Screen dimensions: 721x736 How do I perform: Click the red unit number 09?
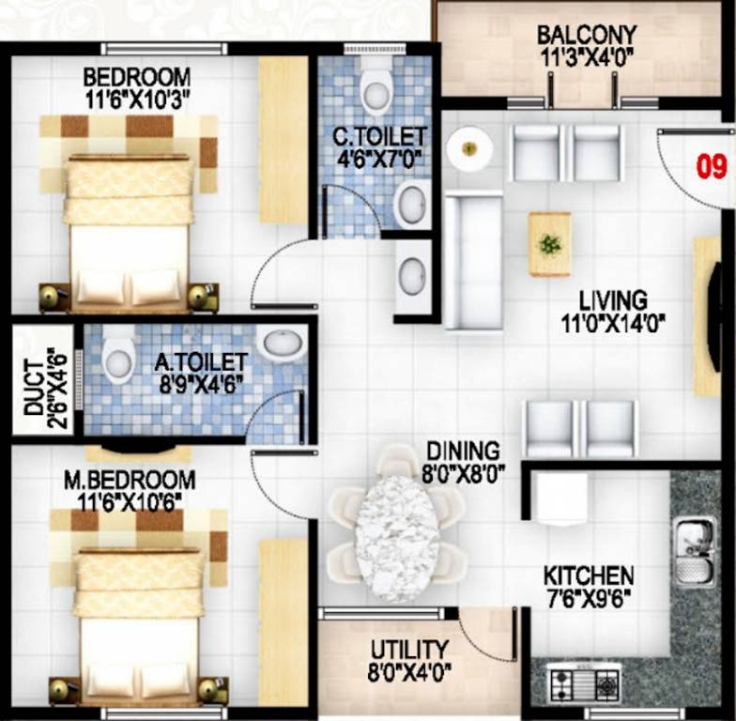(712, 168)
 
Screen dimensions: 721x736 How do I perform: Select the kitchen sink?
(693, 551)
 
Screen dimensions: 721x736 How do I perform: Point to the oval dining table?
(397, 538)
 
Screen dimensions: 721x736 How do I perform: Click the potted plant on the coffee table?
(549, 244)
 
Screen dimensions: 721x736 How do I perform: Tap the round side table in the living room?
(468, 148)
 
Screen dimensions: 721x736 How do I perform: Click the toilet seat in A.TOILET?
(118, 355)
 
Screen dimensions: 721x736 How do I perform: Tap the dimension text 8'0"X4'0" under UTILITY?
(409, 670)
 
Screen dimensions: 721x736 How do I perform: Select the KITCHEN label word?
(589, 575)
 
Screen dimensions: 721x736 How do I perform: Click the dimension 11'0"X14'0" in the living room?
(612, 324)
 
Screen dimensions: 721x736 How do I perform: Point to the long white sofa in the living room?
(472, 260)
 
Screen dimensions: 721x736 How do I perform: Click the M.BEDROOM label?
(130, 481)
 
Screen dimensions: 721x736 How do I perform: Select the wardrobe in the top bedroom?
(283, 140)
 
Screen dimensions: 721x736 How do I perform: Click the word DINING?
(463, 451)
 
